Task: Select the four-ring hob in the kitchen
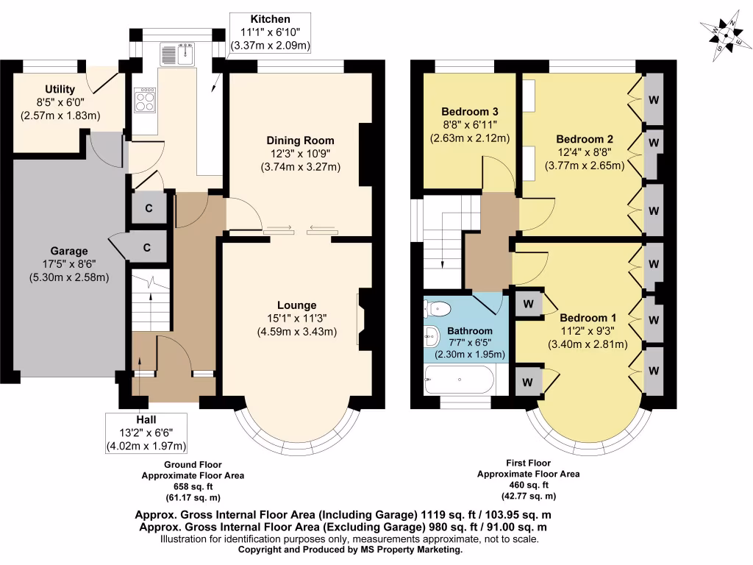point(145,100)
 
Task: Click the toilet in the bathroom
point(437,308)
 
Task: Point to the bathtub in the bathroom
point(459,380)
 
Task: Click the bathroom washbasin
point(432,336)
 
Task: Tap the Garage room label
point(69,251)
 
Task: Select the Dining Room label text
point(300,141)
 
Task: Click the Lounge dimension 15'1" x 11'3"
point(297,318)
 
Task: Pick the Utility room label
point(60,89)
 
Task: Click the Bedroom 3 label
point(470,112)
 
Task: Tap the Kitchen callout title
point(271,19)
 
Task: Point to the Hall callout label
point(146,419)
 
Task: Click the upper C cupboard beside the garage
point(149,208)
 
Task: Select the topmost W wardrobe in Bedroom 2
point(654,100)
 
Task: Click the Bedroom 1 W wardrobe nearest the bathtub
point(528,383)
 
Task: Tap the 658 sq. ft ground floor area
point(193,486)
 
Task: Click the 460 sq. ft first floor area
point(528,485)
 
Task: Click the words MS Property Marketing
point(411,550)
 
